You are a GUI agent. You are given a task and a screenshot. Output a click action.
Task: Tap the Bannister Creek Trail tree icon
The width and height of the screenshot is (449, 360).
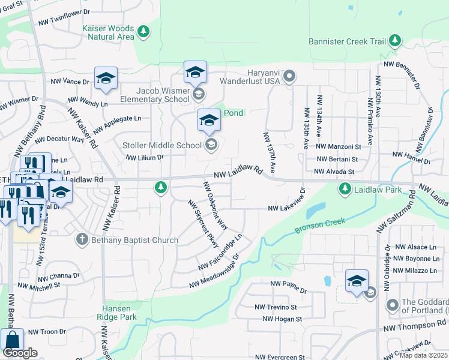click(395, 41)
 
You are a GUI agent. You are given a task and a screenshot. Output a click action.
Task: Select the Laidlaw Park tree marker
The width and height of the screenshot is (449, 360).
click(345, 190)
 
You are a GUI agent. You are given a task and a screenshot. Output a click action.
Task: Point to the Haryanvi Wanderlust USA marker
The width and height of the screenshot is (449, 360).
click(289, 76)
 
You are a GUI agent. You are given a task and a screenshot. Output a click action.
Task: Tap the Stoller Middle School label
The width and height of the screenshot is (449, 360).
click(161, 145)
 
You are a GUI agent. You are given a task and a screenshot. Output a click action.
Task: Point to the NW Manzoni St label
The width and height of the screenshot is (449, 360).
click(338, 146)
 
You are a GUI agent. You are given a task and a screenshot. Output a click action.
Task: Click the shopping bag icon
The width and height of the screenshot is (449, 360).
click(12, 339)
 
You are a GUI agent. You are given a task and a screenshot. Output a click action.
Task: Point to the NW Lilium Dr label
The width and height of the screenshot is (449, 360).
click(144, 157)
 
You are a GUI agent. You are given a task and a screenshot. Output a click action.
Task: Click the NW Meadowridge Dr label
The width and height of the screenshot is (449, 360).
click(214, 271)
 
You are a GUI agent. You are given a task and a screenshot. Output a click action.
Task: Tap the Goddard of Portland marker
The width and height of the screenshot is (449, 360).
click(393, 305)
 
